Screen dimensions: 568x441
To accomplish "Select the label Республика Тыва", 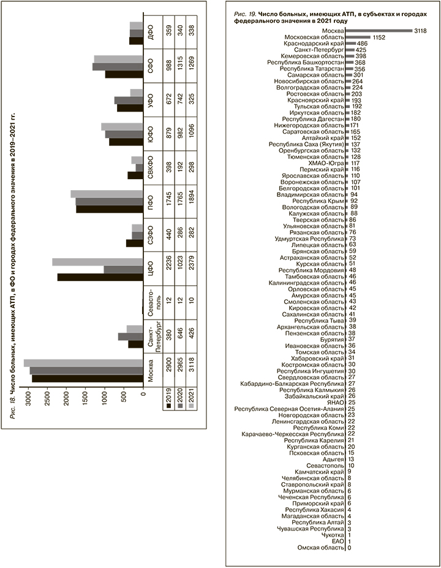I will coord(318,320).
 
